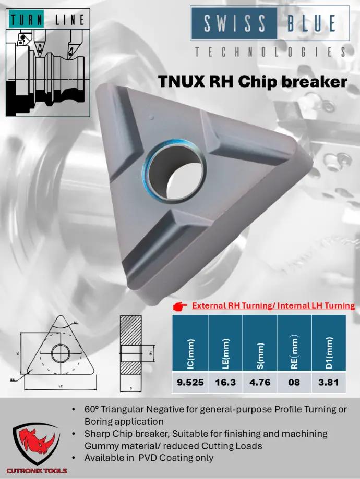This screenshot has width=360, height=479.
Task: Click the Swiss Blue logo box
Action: pyautogui.click(x=269, y=23)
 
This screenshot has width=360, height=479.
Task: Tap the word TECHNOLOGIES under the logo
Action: pyautogui.click(x=269, y=52)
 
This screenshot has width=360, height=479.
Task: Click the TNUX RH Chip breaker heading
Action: pyautogui.click(x=253, y=82)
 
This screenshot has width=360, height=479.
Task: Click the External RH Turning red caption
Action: pyautogui.click(x=273, y=306)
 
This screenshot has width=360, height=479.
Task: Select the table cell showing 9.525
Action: pyautogui.click(x=190, y=382)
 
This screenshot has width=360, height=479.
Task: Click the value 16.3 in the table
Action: pyautogui.click(x=225, y=382)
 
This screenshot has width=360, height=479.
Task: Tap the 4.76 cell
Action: pyautogui.click(x=260, y=382)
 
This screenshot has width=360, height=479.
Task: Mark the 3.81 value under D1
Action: pyautogui.click(x=329, y=382)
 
